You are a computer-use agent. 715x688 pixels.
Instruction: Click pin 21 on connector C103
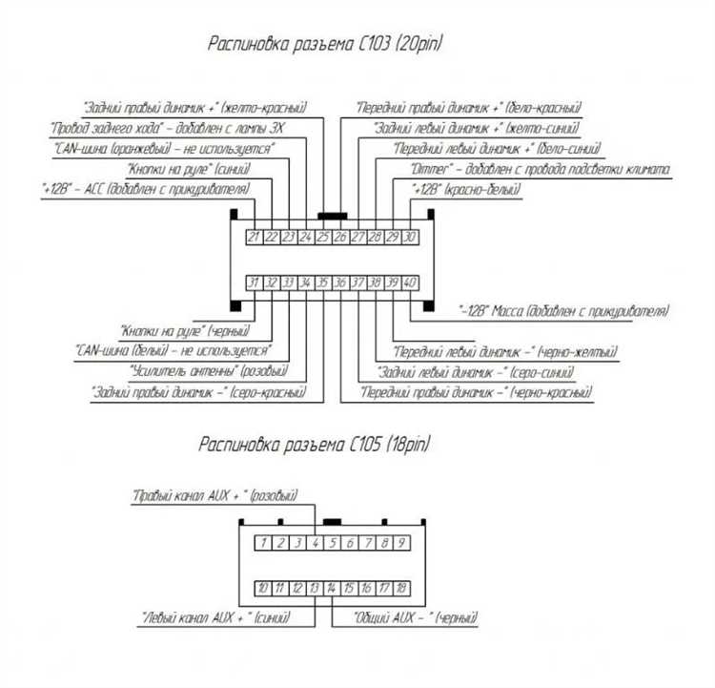tap(254, 237)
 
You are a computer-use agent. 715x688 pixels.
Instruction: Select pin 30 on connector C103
tap(410, 237)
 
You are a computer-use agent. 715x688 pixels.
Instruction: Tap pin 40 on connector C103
tap(410, 282)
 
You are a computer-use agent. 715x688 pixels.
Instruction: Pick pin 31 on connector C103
tap(254, 282)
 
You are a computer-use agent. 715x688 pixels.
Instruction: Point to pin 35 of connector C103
tap(323, 282)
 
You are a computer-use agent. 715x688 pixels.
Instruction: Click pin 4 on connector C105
tap(315, 543)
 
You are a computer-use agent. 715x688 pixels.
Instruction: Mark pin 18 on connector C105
tap(402, 588)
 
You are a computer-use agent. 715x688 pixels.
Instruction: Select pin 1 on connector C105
tap(261, 543)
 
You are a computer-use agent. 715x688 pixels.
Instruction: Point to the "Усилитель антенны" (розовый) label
tap(209, 370)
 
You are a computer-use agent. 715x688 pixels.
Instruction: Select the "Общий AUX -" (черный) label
tap(416, 618)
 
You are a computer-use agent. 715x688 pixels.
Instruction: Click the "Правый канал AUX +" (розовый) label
tap(214, 496)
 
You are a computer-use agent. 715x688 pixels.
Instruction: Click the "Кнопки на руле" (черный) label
tap(184, 331)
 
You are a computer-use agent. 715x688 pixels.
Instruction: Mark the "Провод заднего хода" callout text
tap(172, 128)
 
